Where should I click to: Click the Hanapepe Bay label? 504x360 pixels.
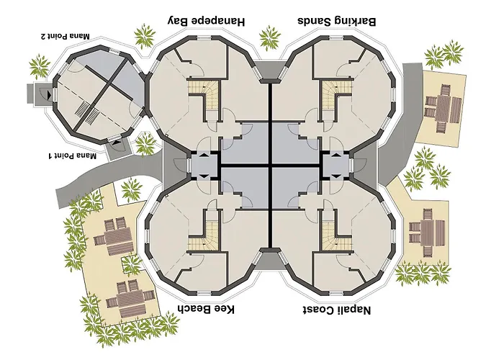pos(207,22)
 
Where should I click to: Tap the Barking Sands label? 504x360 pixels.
pos(336,21)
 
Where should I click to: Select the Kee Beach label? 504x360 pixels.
pos(207,309)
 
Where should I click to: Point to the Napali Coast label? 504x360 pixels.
pos(336,310)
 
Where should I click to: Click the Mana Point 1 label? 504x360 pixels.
pos(72,156)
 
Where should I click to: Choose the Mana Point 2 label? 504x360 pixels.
pos(65,36)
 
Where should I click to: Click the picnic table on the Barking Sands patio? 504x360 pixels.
pos(444,108)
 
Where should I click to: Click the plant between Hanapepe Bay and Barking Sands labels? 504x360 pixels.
pos(269,38)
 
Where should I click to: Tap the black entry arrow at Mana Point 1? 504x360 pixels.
pos(116,141)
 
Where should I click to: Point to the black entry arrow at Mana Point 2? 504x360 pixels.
pos(49,94)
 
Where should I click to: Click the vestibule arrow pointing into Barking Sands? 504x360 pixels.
pos(336,156)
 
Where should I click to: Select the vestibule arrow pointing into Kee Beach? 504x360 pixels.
pos(204,176)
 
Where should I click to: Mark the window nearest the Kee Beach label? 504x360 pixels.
pos(204,293)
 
